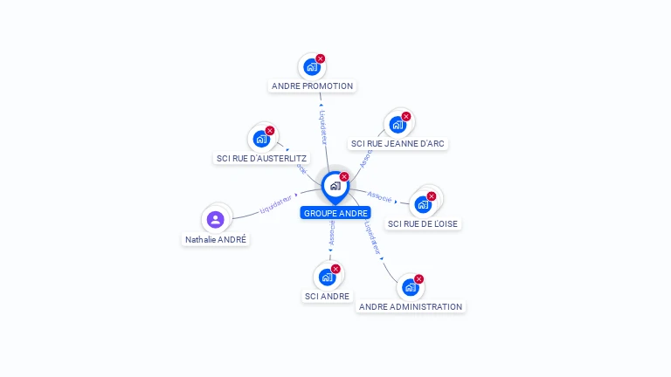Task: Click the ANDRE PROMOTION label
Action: point(312,86)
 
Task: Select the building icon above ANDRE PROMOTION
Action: point(311,67)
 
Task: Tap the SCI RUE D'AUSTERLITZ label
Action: point(261,158)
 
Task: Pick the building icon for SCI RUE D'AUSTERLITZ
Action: point(260,139)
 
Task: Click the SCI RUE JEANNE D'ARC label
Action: point(398,143)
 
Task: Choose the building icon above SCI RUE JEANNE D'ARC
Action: point(397,125)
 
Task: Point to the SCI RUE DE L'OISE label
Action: point(423,223)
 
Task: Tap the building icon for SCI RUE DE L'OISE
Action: point(423,205)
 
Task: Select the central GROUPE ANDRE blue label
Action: point(335,213)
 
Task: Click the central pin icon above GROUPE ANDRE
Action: point(335,186)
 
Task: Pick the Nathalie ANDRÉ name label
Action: point(216,239)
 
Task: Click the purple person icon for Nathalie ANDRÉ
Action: point(216,219)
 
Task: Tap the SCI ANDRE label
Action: point(327,296)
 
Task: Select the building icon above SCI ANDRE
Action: point(327,278)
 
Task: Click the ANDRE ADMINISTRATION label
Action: point(411,306)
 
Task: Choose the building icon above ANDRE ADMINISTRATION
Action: point(410,287)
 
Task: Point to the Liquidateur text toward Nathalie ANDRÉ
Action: point(275,204)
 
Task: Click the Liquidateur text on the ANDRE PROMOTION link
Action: point(322,127)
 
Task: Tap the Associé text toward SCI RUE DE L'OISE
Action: point(380,196)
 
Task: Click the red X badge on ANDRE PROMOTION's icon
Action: point(321,58)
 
